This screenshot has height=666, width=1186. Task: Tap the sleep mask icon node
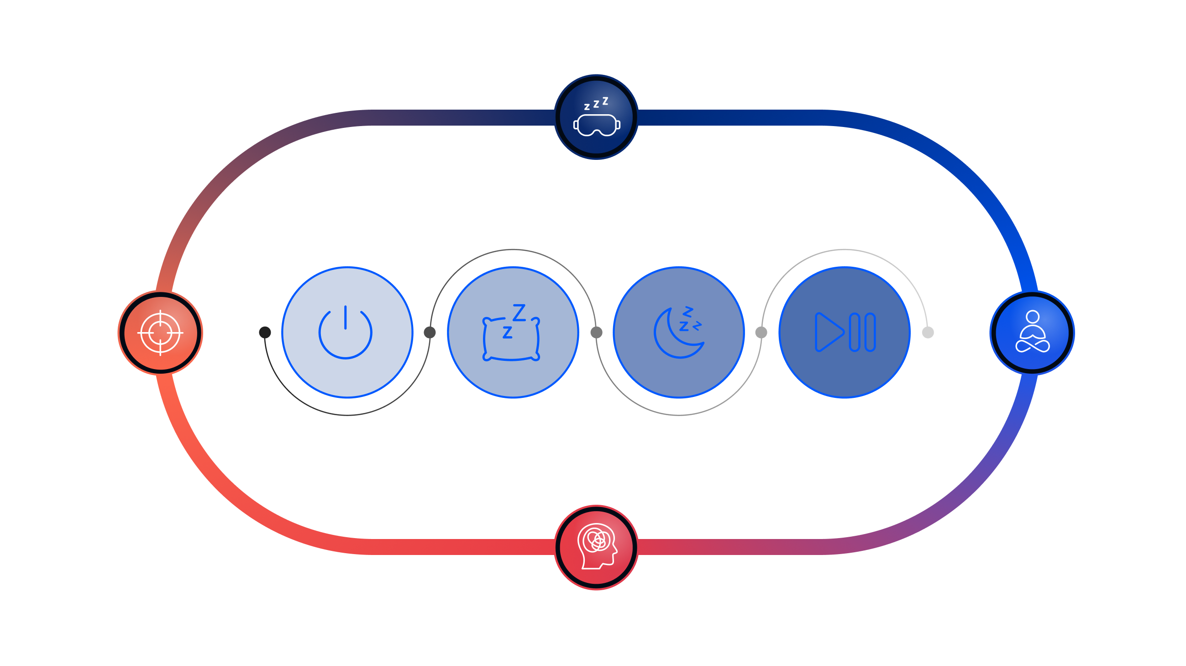coord(596,117)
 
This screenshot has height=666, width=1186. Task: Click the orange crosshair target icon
coord(160,333)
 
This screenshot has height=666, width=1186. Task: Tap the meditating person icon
coord(1032,333)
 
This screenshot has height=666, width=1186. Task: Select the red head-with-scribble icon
coord(596,547)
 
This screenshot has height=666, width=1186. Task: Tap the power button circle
coord(347,332)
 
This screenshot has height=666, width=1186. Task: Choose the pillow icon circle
coord(513,332)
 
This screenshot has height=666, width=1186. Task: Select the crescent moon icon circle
coord(679,332)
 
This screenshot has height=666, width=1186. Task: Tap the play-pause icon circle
coord(845,332)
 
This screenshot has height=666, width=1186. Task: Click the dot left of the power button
coord(265,332)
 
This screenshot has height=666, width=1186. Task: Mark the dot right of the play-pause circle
coord(928,332)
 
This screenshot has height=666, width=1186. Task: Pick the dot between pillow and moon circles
coord(596,332)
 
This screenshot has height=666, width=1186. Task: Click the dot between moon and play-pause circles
coord(761,332)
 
